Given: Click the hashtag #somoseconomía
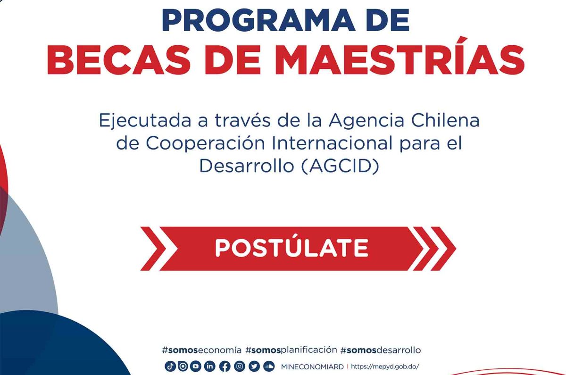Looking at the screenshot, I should coord(201,350).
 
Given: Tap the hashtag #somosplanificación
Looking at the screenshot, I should coord(291,350).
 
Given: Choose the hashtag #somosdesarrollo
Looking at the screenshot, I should coord(381,350).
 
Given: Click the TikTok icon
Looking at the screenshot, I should coord(170,367).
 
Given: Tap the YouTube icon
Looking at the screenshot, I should coord(196,367).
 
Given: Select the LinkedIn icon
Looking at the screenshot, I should coord(210,367).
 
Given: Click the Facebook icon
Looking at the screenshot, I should coord(225,367).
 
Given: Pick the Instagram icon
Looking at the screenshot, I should coord(240,367).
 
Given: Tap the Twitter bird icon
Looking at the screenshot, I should coord(254,367).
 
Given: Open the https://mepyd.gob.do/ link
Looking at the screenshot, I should coord(385,367).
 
